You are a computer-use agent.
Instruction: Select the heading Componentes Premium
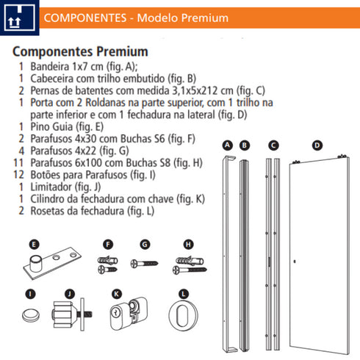tap(81, 52)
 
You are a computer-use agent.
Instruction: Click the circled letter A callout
tap(228, 146)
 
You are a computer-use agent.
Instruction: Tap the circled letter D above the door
tap(317, 146)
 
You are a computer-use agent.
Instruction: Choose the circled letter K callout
tap(116, 294)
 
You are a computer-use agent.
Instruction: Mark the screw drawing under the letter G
tap(144, 264)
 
